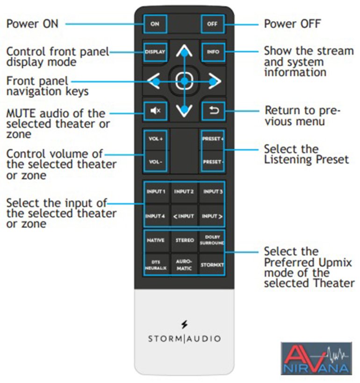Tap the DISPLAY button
(x=155, y=52)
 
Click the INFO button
(x=213, y=52)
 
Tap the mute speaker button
(x=155, y=110)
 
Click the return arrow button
(x=213, y=111)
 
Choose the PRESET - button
(x=213, y=162)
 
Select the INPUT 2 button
(x=184, y=192)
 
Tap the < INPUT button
(x=184, y=216)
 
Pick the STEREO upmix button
(x=184, y=240)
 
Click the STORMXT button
(x=213, y=265)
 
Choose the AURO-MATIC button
(x=184, y=265)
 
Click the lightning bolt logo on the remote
(x=184, y=324)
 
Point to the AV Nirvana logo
(x=316, y=359)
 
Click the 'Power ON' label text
(x=32, y=23)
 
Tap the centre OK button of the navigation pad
(x=184, y=82)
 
